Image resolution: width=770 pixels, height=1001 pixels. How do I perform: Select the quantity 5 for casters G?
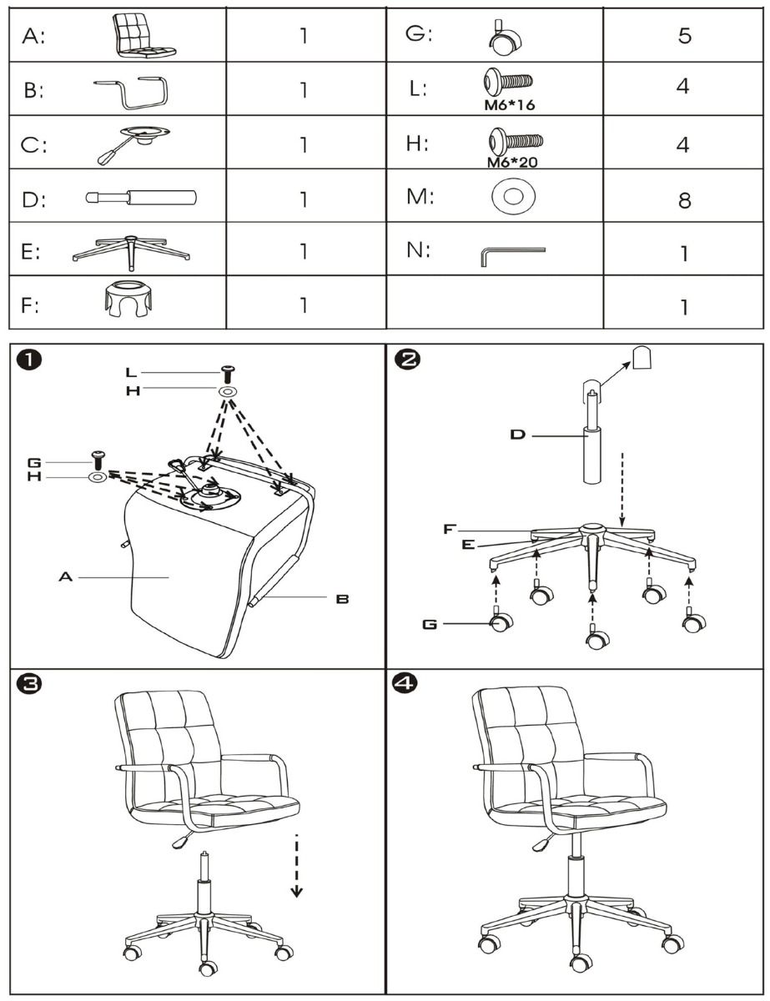[684, 38]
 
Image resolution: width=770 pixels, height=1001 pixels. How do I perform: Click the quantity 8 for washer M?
[684, 201]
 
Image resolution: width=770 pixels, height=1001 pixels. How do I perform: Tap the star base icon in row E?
[132, 249]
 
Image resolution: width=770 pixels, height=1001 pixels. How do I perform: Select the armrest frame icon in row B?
[131, 91]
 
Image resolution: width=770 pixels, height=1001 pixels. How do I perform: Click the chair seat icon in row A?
[143, 37]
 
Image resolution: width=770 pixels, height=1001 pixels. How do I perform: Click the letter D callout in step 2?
[518, 435]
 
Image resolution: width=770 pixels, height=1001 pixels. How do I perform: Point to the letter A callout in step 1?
[64, 576]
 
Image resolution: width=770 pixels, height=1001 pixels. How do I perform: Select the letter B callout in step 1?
[341, 598]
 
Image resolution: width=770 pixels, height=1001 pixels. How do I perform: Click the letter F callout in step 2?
[450, 529]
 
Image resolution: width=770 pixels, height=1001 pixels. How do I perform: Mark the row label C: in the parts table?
[34, 143]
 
